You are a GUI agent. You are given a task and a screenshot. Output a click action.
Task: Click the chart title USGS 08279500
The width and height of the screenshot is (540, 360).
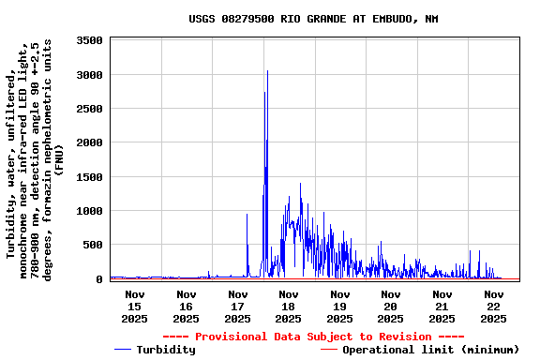click(313, 19)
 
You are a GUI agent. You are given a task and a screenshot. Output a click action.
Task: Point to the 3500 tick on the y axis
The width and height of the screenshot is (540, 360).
click(90, 40)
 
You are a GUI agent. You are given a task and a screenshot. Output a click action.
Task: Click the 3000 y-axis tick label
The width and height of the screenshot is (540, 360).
click(90, 75)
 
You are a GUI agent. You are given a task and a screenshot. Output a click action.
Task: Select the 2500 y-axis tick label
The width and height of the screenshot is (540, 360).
click(90, 109)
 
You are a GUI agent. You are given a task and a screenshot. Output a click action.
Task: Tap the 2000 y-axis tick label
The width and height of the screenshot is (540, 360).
click(90, 142)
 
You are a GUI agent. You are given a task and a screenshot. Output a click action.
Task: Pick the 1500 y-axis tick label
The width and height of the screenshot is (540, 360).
click(90, 177)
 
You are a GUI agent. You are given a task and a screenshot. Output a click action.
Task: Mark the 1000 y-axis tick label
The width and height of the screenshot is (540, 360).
click(90, 211)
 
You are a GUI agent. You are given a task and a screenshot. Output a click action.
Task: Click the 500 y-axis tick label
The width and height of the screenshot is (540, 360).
click(94, 245)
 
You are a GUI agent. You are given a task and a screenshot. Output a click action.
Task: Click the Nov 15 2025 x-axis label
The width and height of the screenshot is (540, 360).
click(134, 306)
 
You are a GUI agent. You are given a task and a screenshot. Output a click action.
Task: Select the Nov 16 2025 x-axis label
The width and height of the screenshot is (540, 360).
click(186, 306)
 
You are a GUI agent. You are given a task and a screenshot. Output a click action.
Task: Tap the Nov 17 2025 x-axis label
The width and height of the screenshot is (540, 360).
click(237, 306)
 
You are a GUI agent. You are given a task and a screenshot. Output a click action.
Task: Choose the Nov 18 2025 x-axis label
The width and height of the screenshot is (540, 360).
click(288, 306)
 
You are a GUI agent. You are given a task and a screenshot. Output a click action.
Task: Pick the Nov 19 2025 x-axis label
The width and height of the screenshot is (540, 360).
click(339, 306)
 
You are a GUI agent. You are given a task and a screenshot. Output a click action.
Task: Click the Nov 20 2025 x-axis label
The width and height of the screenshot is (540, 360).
click(391, 306)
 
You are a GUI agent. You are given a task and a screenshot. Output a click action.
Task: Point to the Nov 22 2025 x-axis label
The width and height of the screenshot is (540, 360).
click(493, 306)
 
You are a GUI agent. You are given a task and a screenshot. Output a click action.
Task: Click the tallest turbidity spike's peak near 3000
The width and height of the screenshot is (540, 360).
click(267, 71)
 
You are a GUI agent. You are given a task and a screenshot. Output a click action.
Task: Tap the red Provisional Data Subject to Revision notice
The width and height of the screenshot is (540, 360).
click(313, 337)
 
